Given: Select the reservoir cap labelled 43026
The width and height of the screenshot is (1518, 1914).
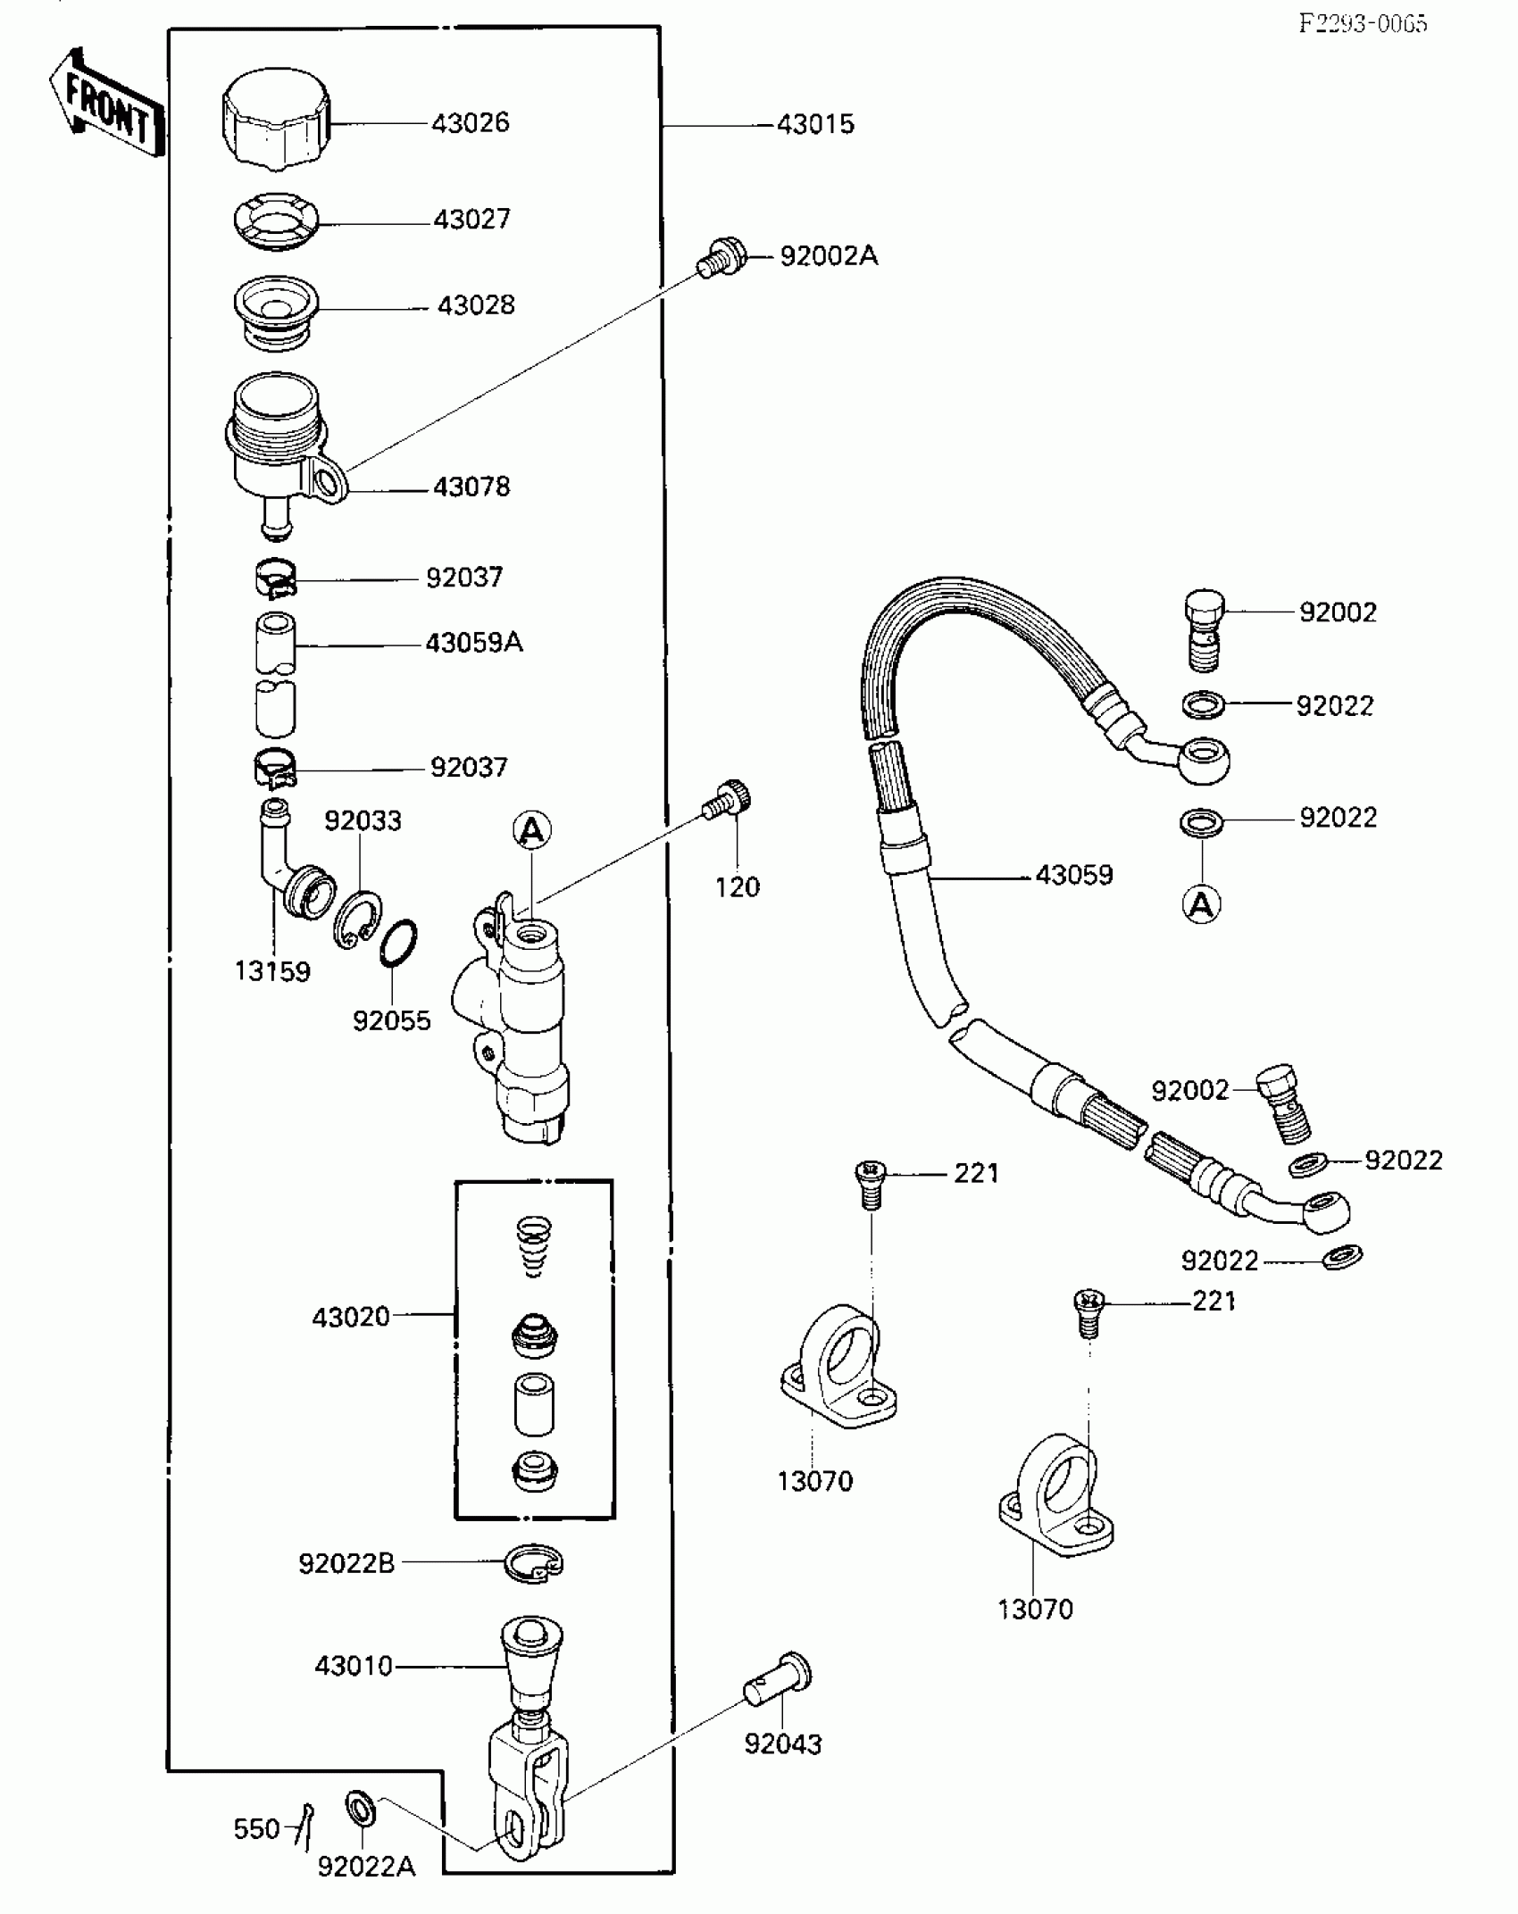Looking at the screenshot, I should point(276,119).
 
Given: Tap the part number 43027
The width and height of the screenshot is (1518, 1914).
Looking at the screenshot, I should point(471,219).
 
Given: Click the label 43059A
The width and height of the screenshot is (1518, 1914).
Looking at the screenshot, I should point(473,643).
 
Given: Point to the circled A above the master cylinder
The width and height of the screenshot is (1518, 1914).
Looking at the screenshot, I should point(532,831).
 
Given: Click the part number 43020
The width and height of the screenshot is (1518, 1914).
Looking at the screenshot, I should point(351,1317).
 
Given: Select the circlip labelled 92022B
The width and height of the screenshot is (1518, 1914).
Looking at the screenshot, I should point(534,1562).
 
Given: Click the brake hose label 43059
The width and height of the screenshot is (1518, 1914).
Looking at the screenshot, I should point(1074,875).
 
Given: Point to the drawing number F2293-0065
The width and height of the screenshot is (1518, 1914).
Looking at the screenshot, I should point(1363,24).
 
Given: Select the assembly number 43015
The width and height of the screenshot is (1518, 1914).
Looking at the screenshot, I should point(815,124).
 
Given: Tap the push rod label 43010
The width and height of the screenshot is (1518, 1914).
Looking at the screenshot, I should point(354,1666).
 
